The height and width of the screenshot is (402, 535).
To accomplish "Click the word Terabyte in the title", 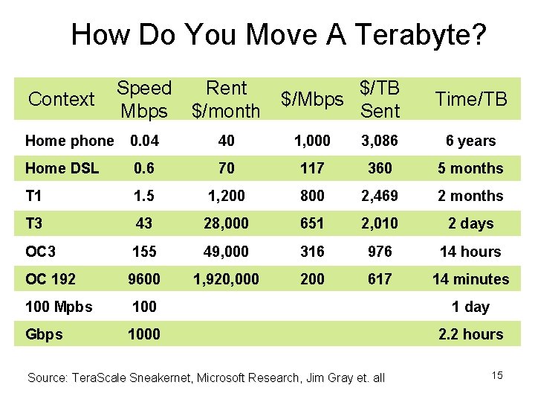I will coord(421,34).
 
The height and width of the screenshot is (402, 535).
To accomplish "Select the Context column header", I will coord(61,99).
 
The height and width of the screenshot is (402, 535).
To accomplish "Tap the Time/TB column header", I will coord(470,99).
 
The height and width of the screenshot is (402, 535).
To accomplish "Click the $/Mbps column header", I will coord(311,99).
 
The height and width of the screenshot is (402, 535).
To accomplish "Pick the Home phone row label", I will coord(69,141).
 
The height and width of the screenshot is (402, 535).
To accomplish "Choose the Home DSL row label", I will coord(62,168).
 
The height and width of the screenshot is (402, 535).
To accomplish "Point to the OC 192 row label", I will coord(51,279).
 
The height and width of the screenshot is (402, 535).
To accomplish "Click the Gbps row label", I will coord(44,334).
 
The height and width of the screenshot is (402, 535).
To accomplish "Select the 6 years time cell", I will coord(470,141).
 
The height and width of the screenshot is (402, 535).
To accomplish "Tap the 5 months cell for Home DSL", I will coord(470,168).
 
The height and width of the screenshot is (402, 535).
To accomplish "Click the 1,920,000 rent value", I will coord(226,279).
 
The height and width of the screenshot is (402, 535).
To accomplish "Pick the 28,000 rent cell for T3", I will coord(226,223).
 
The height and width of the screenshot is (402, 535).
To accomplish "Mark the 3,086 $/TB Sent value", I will coord(380,141).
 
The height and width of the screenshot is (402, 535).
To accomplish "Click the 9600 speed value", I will coord(143,279).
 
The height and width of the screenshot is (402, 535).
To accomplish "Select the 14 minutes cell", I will coord(470,279).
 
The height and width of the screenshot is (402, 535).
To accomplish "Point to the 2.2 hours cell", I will coord(470,334).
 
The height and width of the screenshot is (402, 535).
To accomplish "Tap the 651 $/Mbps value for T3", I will coord(311,223).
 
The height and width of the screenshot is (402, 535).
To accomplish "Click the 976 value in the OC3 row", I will coord(380,252).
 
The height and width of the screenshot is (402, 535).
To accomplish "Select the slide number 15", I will coord(497,375).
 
